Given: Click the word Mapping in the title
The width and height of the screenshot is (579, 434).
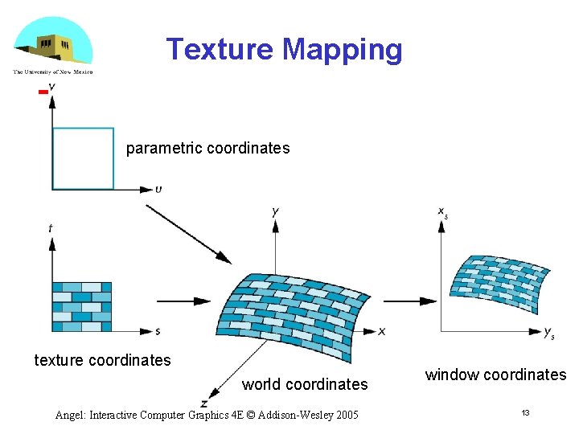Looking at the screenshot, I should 342,50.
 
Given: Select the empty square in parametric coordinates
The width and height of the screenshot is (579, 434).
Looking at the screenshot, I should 83,158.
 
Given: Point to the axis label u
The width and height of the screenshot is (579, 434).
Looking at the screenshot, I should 158,190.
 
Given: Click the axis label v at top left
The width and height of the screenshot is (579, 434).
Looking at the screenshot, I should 52,86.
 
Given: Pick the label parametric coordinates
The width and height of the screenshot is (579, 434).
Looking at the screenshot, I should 207,149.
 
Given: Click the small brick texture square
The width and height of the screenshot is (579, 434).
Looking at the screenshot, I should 81,306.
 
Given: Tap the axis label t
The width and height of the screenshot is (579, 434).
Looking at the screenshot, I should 51,229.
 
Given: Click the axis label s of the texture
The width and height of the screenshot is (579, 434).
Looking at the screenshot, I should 157,331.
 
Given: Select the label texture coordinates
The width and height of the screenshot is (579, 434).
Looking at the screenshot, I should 102,360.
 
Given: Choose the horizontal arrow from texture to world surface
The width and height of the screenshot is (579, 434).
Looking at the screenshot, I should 183,301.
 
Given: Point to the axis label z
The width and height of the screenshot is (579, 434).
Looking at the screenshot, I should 205,403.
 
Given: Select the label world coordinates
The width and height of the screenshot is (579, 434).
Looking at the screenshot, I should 305,384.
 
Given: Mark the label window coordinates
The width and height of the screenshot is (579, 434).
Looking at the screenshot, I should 495,375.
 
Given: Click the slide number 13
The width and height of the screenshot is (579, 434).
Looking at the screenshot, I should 525,412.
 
